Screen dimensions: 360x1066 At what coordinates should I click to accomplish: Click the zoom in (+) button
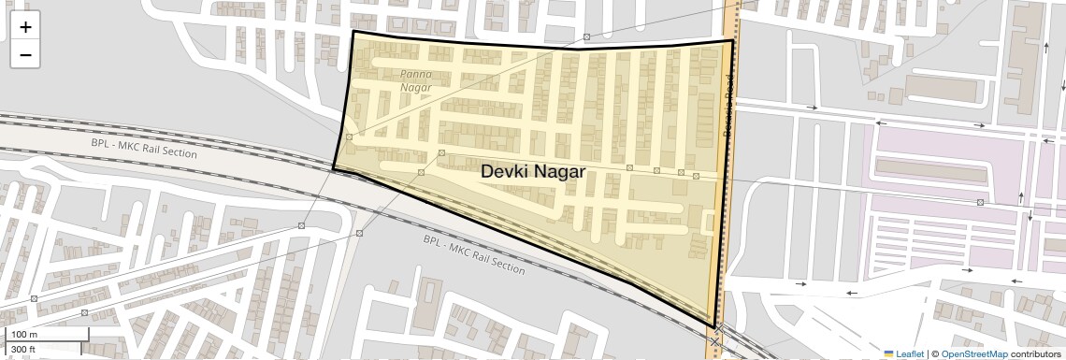[25, 27]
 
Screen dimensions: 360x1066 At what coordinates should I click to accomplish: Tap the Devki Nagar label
[533, 172]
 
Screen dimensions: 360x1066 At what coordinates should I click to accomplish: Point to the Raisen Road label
[728, 108]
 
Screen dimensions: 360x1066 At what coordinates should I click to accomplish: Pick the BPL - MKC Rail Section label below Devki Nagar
[474, 253]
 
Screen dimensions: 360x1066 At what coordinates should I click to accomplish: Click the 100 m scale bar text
[25, 335]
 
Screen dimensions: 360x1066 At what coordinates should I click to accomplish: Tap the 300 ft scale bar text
[23, 350]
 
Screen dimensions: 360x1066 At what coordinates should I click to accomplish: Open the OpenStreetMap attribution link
[973, 353]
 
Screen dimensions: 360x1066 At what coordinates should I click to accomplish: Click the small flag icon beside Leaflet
[888, 353]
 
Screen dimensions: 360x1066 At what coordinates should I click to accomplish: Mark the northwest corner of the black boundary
[353, 32]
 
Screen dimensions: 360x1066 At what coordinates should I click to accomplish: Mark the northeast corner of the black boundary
[732, 39]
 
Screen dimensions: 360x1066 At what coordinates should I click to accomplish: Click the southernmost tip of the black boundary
[716, 326]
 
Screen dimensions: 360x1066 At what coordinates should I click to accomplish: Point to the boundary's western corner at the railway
[334, 168]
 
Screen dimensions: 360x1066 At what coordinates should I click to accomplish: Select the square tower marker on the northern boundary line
[586, 37]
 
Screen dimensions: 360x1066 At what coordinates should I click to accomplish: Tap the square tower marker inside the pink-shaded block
[980, 202]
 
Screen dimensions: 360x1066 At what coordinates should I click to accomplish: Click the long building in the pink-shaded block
[932, 170]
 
